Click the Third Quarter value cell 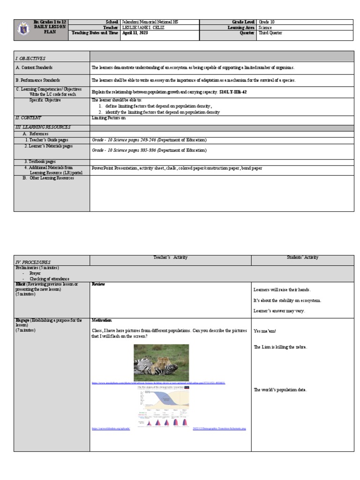[270, 33]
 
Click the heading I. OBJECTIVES [30, 59]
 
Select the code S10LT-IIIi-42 [233, 92]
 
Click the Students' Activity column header [302, 257]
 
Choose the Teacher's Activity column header [170, 257]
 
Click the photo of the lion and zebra [161, 362]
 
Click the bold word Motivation [102, 320]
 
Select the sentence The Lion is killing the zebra [277, 347]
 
